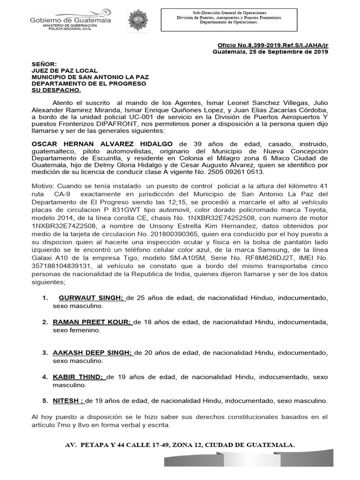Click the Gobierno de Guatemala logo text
pos(71,21)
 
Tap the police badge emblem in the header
pos(138,20)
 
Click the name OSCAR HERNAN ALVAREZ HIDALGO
pos(102,143)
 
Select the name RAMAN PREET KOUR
pos(92,322)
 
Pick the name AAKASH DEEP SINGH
pos(93,353)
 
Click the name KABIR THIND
pos(77,377)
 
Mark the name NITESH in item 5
pos(67,401)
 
